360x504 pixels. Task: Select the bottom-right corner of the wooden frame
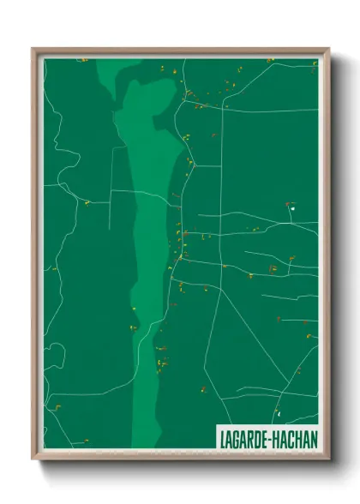pyautogui.click(x=328, y=458)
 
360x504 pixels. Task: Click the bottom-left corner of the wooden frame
pyautogui.click(x=33, y=458)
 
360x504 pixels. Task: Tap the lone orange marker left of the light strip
pyautogui.click(x=87, y=203)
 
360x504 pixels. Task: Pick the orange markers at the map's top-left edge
pyautogui.click(x=82, y=60)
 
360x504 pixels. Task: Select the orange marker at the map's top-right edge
pyautogui.click(x=270, y=60)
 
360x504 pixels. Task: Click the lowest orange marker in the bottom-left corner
pyautogui.click(x=58, y=406)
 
